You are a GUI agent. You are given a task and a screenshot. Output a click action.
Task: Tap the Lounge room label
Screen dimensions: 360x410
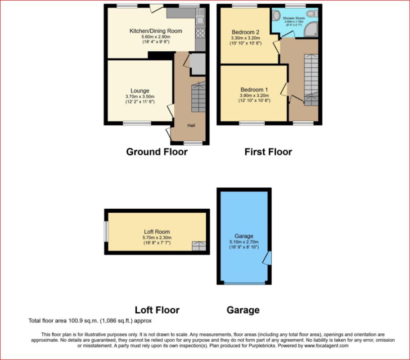coord(140,91)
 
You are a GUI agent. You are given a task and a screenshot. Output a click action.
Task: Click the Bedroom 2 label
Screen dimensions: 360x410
coord(245,32)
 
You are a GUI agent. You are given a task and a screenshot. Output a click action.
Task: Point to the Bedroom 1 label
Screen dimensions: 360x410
coord(254,90)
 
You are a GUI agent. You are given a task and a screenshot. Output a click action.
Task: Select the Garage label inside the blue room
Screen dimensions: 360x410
coord(244,236)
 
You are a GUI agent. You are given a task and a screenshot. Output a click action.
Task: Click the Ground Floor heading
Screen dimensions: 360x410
coord(157,152)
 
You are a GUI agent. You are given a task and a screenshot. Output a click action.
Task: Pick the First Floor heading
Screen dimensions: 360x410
coord(268,152)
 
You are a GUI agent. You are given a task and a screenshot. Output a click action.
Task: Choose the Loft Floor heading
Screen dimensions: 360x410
coord(157,310)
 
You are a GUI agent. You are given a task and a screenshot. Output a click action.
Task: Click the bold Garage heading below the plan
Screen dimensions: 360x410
coord(243,310)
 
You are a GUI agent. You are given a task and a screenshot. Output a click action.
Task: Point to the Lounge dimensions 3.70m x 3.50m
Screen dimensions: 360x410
coord(140,96)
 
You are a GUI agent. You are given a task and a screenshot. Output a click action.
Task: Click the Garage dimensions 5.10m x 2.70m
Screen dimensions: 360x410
coord(244,242)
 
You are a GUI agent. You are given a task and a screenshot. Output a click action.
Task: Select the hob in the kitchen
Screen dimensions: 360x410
coord(200,33)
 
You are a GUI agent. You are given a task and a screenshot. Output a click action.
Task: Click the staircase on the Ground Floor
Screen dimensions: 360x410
coord(198,97)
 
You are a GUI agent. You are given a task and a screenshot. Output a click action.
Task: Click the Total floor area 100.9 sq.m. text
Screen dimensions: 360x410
coord(90,321)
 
